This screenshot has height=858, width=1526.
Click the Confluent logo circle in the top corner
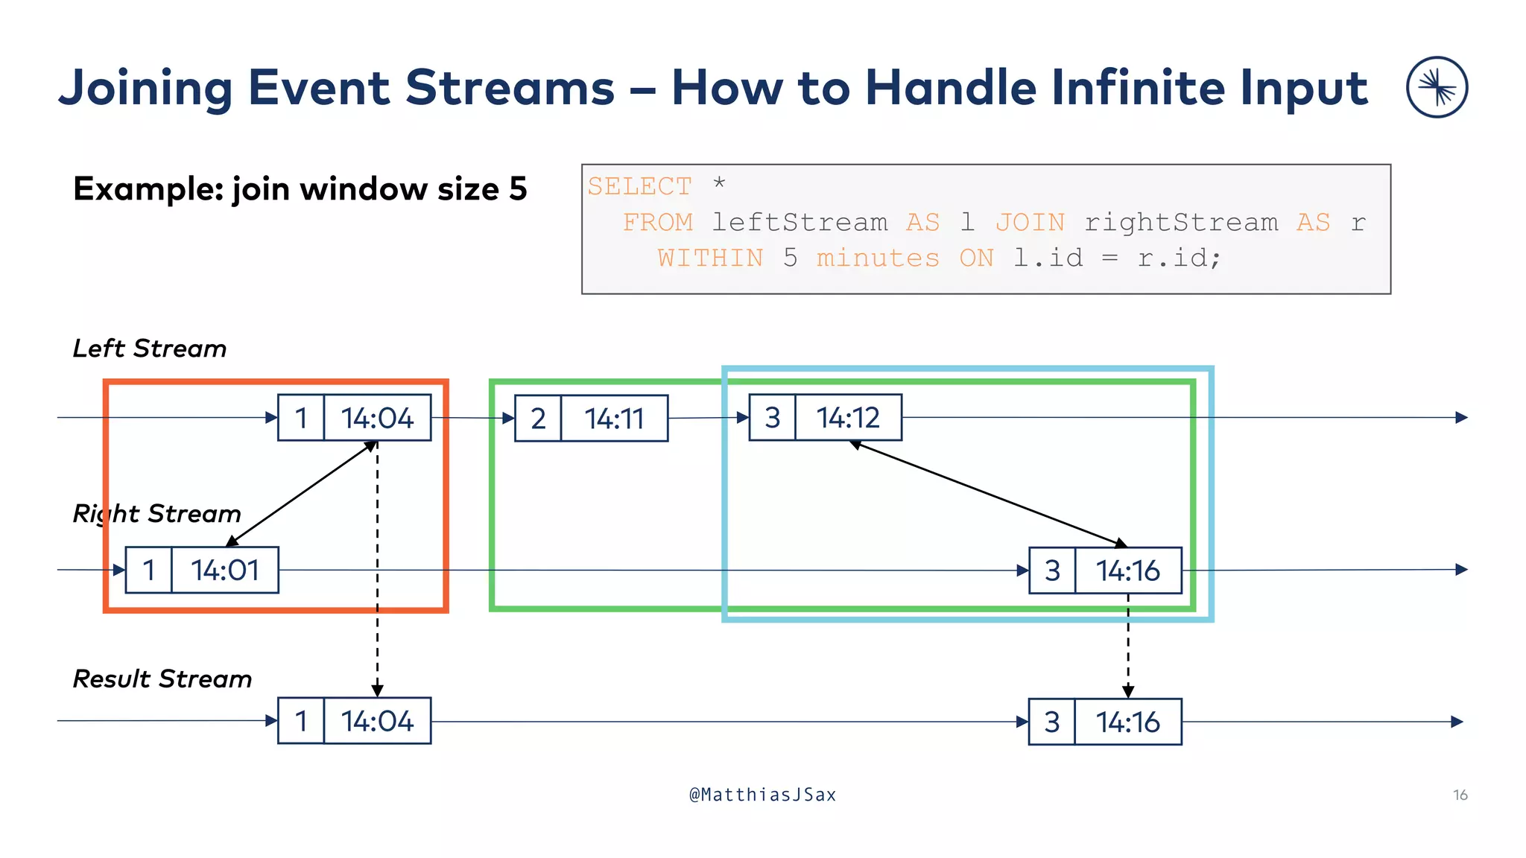(x=1437, y=87)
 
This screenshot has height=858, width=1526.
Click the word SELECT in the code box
(x=639, y=186)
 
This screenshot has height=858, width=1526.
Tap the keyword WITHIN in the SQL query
(x=710, y=258)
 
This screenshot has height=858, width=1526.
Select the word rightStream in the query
(x=1181, y=222)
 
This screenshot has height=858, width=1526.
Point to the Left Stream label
(x=150, y=349)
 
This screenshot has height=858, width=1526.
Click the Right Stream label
(x=157, y=514)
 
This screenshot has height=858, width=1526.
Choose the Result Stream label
(x=162, y=679)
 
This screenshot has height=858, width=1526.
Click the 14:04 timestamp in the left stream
(x=377, y=418)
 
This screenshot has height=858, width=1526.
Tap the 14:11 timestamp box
(x=614, y=419)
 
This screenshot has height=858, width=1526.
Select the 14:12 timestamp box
(x=848, y=418)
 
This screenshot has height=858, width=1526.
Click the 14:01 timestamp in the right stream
(x=225, y=571)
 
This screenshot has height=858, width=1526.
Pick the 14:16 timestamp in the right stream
(x=1127, y=571)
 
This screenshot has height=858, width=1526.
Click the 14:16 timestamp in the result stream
(x=1127, y=722)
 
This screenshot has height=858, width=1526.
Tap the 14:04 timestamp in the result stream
(x=377, y=722)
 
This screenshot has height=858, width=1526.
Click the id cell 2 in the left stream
(x=538, y=419)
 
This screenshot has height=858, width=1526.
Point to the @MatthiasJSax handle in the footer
(x=762, y=795)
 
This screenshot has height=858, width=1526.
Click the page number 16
(x=1460, y=795)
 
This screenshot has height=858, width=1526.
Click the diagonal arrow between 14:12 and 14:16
(x=988, y=494)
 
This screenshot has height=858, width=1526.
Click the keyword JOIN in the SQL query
(x=1030, y=222)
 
